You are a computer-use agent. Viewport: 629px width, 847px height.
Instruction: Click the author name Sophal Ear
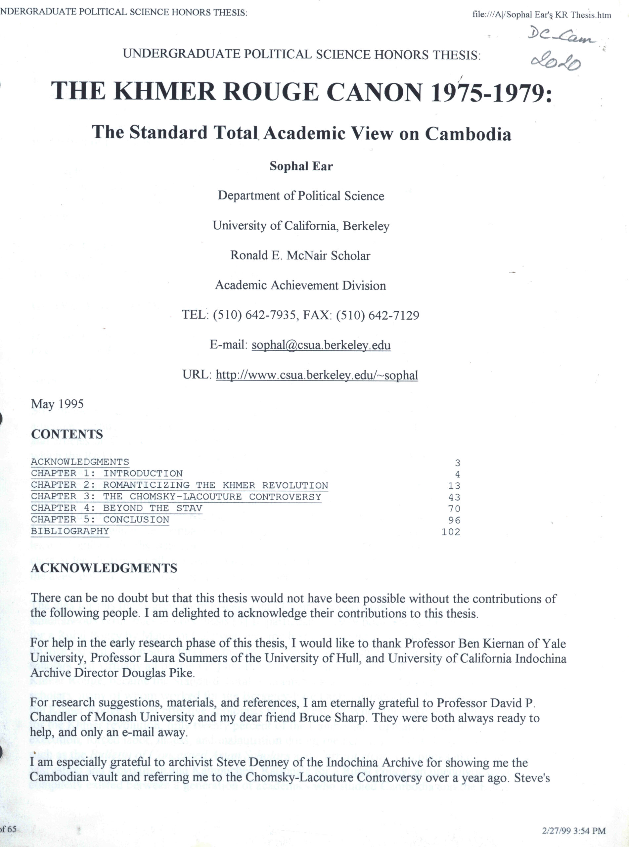tap(301, 166)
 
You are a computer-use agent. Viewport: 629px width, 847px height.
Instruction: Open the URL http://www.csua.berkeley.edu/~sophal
tap(317, 375)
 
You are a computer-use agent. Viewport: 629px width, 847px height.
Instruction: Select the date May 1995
tap(57, 404)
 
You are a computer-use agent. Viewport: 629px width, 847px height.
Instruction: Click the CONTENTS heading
tap(67, 434)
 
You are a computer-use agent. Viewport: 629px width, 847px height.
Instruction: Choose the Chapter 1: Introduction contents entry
tap(107, 473)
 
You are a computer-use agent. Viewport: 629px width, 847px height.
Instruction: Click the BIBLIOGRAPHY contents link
tap(70, 531)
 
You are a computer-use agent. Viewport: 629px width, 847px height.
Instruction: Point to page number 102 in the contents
tap(451, 532)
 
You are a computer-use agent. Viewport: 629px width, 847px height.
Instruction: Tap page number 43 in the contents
tap(454, 498)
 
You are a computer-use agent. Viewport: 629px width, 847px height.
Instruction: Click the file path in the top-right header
tap(541, 15)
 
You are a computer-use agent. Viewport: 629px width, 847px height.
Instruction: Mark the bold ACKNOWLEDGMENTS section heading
tap(104, 568)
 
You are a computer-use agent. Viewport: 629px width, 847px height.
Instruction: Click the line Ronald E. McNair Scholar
tap(300, 255)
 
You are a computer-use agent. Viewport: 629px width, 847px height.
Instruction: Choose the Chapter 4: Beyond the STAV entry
tap(116, 508)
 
